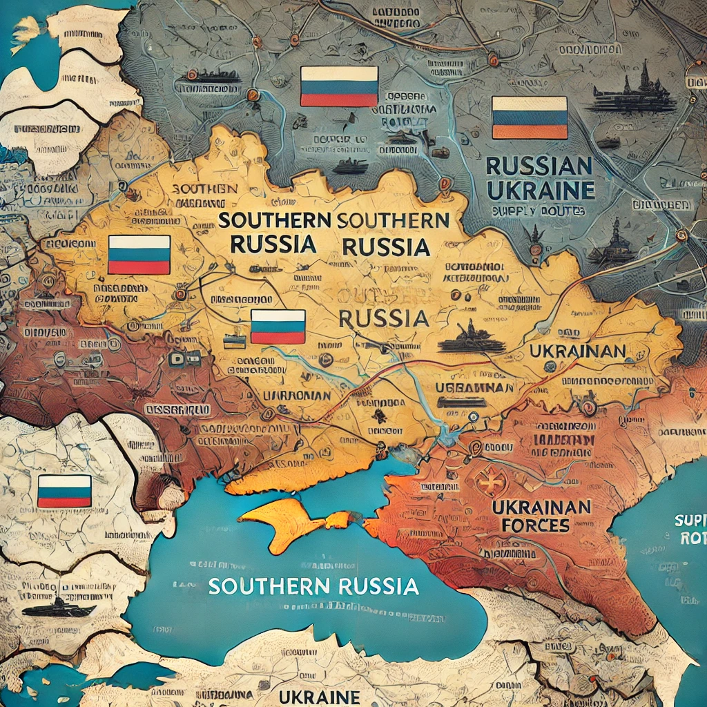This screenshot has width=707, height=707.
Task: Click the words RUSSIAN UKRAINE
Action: (x=540, y=177)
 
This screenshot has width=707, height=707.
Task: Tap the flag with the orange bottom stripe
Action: (x=529, y=117)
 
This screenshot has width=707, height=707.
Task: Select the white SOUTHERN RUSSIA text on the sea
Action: (x=313, y=586)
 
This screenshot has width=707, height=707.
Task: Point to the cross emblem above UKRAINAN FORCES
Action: (x=492, y=482)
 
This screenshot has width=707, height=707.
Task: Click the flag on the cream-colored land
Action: (x=64, y=491)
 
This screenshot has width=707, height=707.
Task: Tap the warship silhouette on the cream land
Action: (x=59, y=608)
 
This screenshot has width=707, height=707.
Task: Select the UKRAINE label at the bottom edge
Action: (x=318, y=695)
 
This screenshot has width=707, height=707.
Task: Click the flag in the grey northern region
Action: (x=339, y=86)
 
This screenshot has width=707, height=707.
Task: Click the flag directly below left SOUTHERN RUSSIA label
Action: (x=278, y=327)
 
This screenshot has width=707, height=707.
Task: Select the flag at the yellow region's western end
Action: (x=139, y=255)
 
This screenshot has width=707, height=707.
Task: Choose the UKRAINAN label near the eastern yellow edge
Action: (x=577, y=351)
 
